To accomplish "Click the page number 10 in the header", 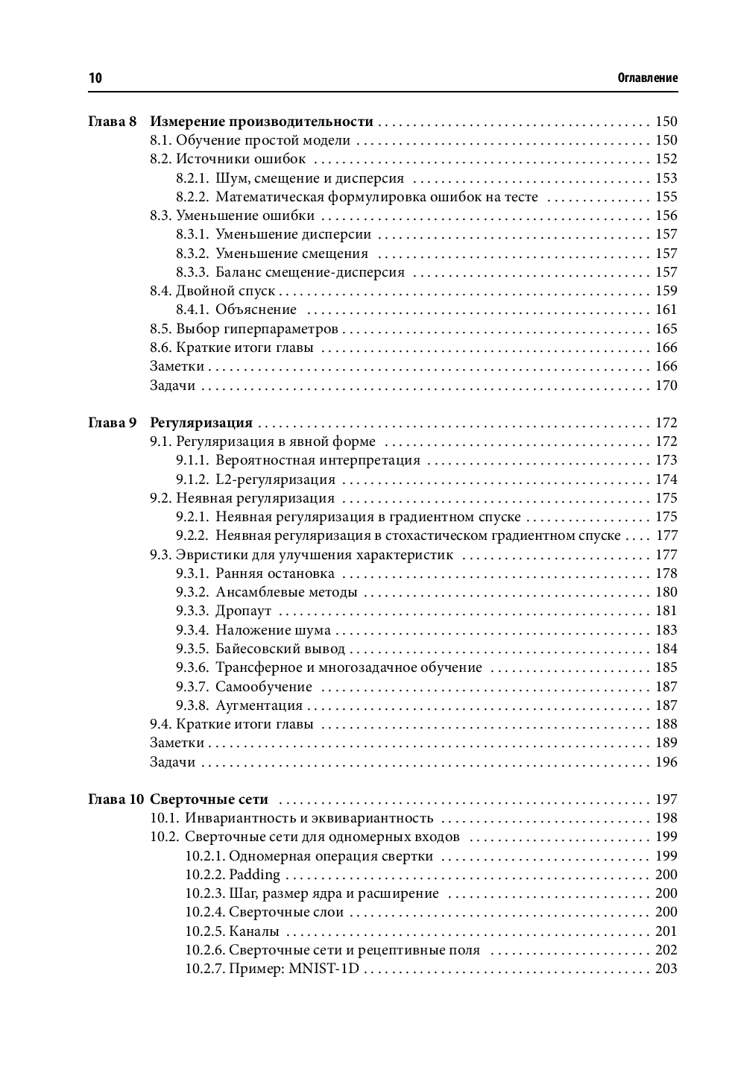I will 95,78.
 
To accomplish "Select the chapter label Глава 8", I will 113,122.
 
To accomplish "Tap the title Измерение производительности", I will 262,122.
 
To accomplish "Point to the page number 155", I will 666,197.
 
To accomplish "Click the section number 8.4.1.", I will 192,309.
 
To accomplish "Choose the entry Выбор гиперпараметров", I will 257,329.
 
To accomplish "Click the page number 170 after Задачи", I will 666,386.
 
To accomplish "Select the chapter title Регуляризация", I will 201,423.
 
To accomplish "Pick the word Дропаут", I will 243,611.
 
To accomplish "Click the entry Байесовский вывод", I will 280,649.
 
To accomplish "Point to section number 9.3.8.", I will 192,705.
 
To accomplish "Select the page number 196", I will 666,762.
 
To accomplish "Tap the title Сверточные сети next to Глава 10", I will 209,799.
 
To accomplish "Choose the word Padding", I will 254,875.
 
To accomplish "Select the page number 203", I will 666,969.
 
